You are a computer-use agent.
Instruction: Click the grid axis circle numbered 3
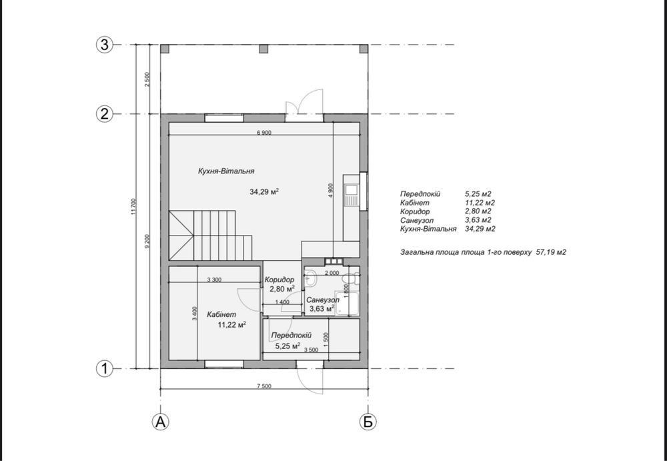coord(105,45)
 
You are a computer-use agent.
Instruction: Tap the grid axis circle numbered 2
coord(105,114)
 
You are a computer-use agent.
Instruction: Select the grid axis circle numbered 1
coord(105,369)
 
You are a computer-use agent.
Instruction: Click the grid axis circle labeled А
coord(160,422)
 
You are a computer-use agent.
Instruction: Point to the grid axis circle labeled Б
coord(368,422)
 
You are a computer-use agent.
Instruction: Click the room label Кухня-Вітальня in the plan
coord(226,171)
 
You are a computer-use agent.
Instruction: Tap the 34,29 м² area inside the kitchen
coord(263,192)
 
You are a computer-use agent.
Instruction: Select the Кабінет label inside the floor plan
coord(221,315)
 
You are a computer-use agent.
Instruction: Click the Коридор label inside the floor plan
coord(279,280)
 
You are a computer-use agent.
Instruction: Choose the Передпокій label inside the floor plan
coord(291,336)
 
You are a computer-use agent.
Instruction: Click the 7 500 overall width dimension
coord(263,386)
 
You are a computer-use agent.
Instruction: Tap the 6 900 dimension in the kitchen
coord(263,132)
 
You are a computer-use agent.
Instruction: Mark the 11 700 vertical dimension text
coord(133,206)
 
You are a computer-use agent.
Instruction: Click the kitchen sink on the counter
coord(352,195)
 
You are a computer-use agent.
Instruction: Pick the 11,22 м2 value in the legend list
coord(480,203)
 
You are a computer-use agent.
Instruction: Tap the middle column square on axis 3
coord(263,49)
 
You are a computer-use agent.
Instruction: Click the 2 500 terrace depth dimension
coord(147,79)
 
